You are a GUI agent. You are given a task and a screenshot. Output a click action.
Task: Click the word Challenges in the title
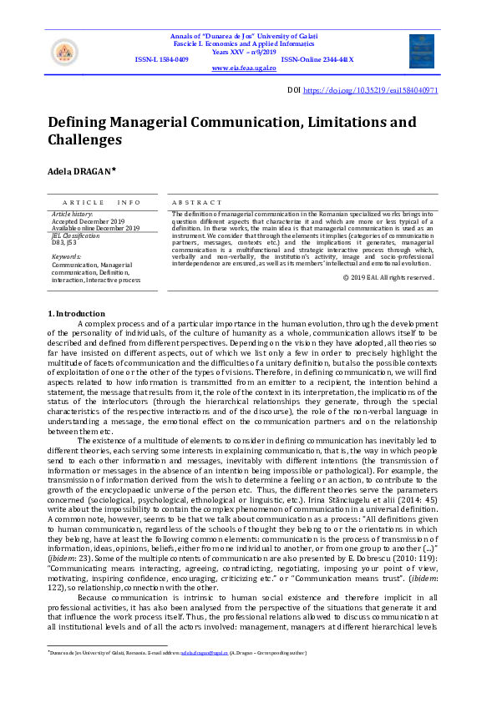(84, 140)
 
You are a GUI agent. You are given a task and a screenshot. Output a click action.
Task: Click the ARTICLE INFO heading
(101, 203)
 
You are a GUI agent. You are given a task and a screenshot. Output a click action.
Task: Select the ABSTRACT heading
(197, 203)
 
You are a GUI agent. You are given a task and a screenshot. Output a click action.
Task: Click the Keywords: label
(67, 256)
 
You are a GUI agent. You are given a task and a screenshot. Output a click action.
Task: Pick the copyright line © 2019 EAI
(388, 276)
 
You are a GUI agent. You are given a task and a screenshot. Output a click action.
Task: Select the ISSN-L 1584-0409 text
(161, 60)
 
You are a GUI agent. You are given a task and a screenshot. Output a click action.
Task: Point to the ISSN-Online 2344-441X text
(317, 60)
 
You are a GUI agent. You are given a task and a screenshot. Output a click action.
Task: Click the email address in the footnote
(205, 652)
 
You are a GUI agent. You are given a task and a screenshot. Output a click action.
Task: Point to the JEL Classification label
(75, 235)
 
